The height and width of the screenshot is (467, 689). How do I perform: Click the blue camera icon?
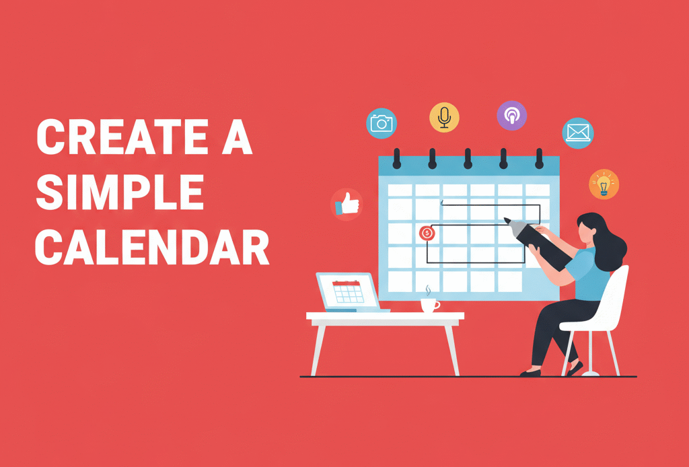382,123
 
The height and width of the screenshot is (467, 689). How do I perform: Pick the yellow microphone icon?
444,117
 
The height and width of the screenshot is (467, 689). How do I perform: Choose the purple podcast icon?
511,116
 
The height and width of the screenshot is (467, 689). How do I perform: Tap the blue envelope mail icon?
577,132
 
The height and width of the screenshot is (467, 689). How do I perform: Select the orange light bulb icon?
604,184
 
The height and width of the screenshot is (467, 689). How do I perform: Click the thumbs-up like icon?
347,204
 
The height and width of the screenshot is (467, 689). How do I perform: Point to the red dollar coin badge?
427,233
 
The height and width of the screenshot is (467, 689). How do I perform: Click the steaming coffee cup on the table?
428,305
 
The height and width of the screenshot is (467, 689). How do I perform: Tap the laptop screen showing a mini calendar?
348,291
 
